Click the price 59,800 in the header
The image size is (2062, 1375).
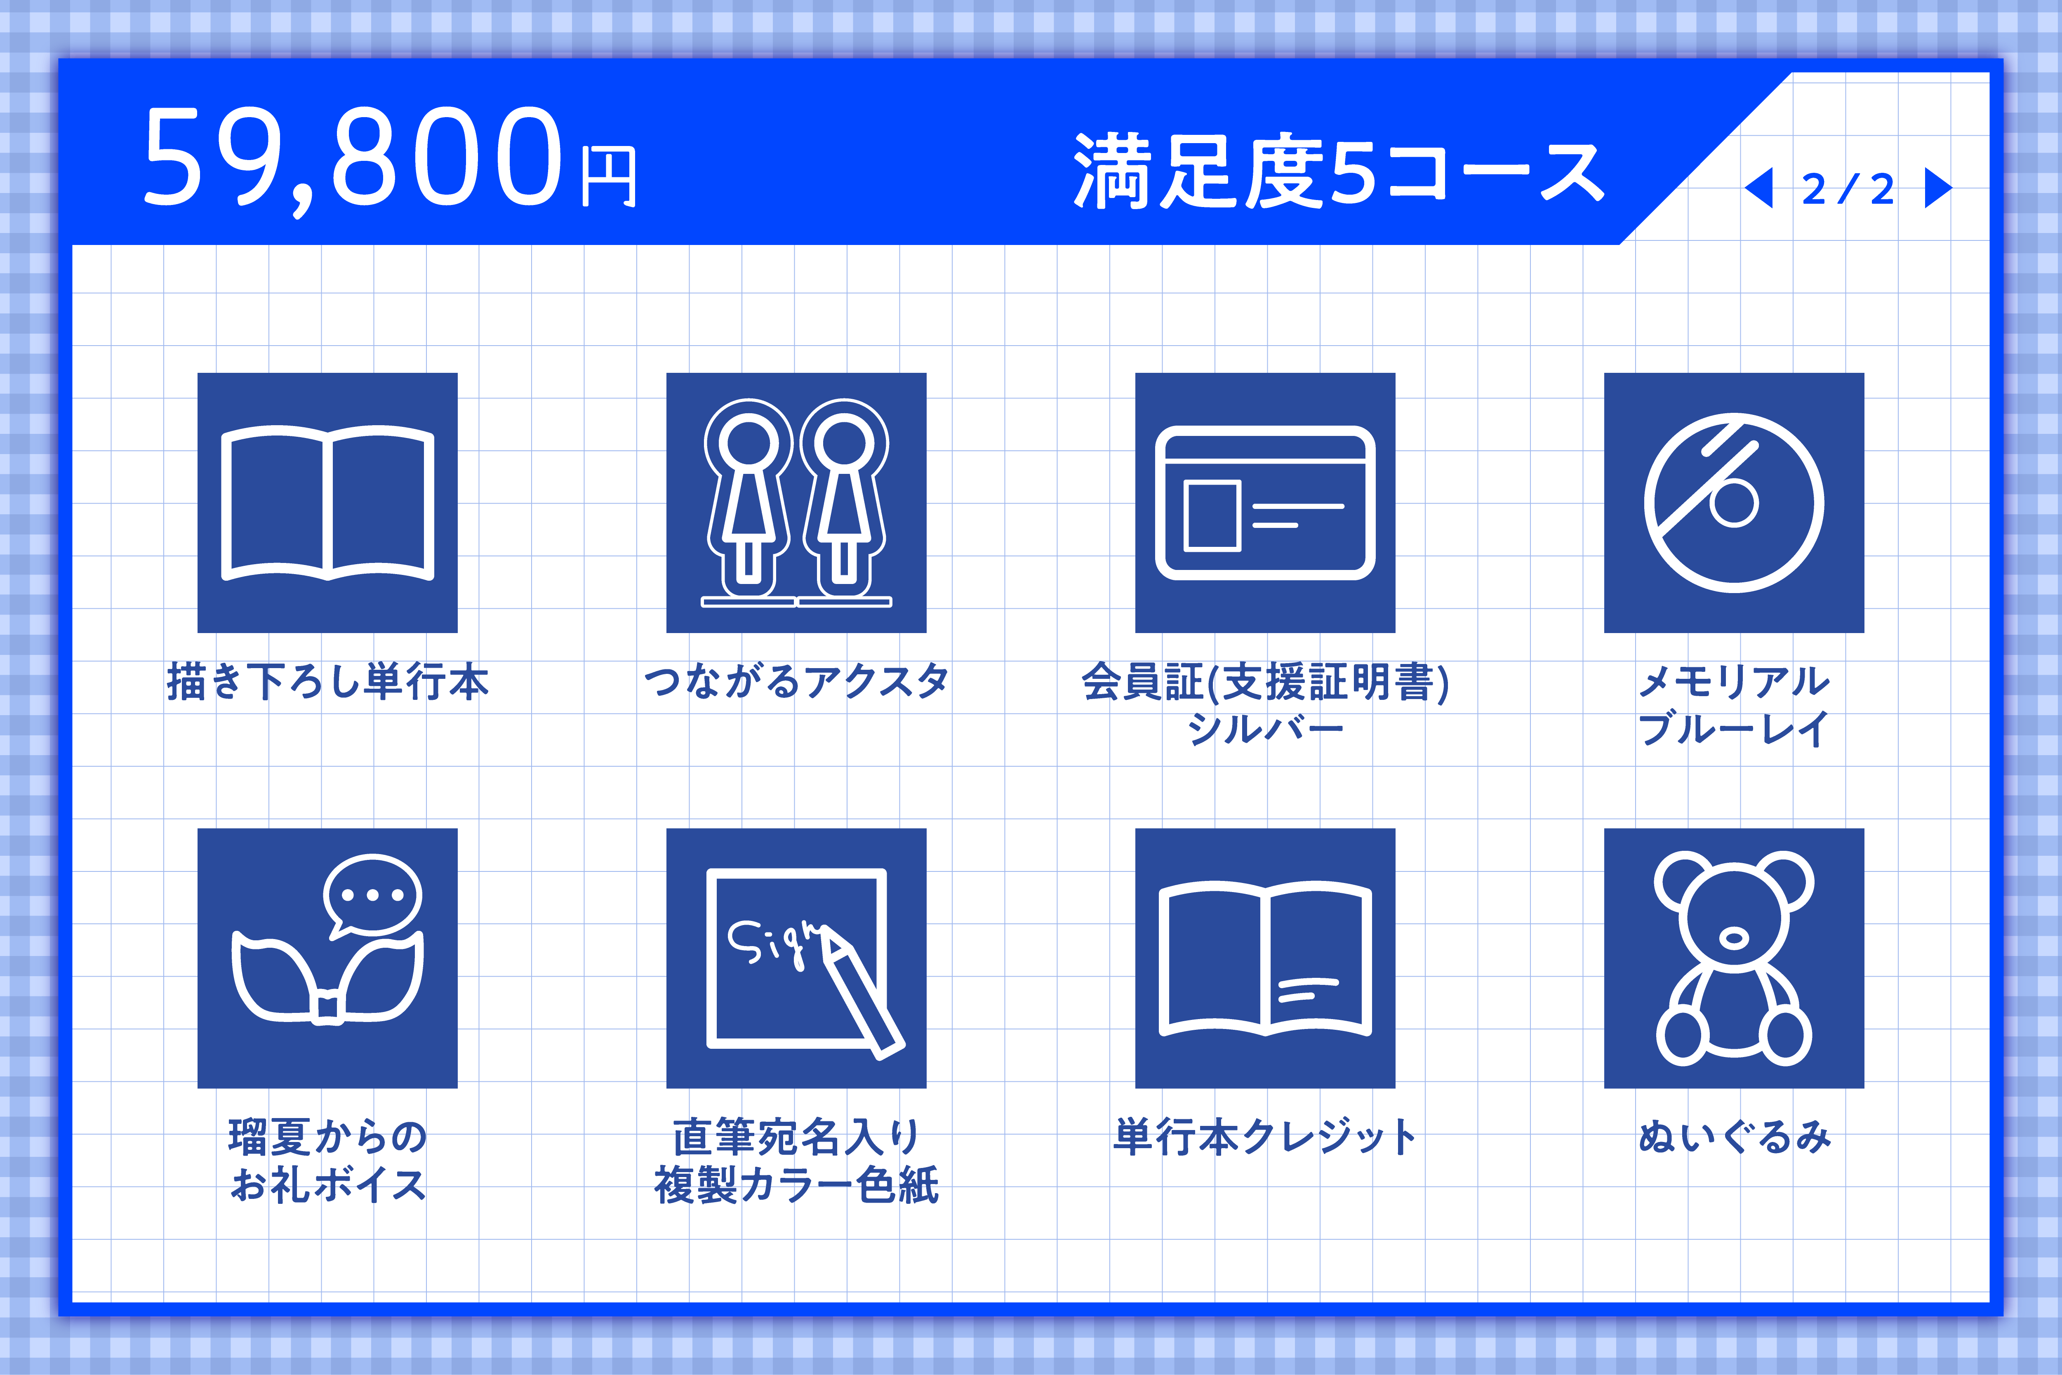353,158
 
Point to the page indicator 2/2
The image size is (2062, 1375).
1848,188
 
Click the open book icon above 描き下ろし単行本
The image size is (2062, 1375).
327,502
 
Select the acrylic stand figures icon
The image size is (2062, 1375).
796,502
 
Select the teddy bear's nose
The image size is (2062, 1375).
1733,938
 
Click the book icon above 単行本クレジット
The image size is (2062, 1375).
1265,958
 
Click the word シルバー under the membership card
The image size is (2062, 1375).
1265,728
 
